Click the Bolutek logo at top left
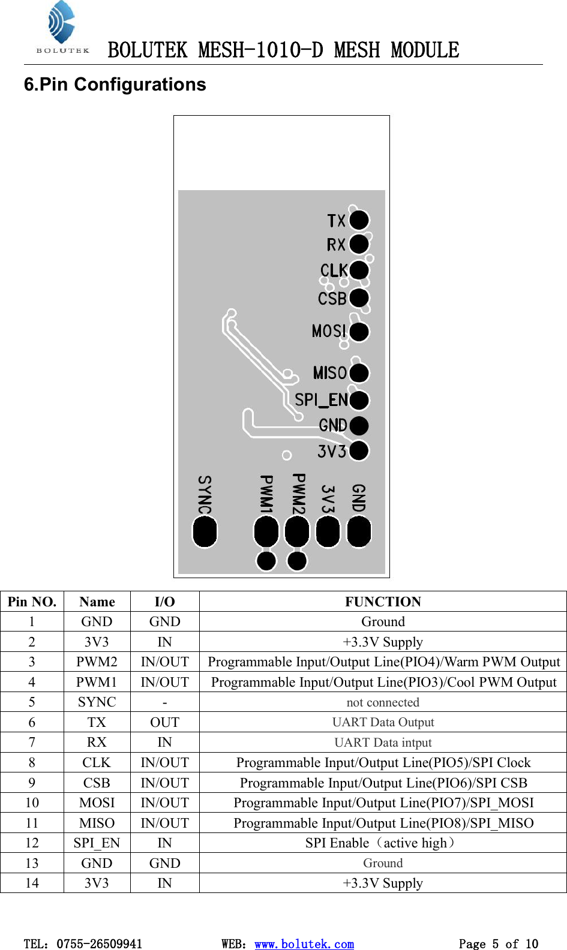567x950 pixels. click(62, 28)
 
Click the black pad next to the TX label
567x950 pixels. click(359, 220)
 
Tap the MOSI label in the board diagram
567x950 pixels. click(329, 331)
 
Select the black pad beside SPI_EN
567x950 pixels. click(359, 400)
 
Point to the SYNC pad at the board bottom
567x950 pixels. click(205, 532)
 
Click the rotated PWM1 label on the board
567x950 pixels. click(266, 494)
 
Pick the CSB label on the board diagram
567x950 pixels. click(332, 298)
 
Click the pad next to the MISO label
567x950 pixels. click(359, 373)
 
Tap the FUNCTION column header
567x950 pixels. click(383, 602)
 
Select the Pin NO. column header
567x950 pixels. click(32, 602)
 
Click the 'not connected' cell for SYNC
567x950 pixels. click(383, 702)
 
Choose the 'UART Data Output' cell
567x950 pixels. click(383, 722)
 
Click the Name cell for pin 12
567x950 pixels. click(97, 843)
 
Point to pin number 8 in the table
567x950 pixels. click(32, 762)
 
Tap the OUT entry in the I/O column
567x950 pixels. click(164, 722)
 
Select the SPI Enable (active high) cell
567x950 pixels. click(383, 843)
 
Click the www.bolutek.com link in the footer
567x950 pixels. click(304, 943)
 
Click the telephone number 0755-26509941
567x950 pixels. click(99, 943)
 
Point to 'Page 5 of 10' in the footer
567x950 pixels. click(498, 943)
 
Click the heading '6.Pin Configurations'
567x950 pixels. click(115, 85)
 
